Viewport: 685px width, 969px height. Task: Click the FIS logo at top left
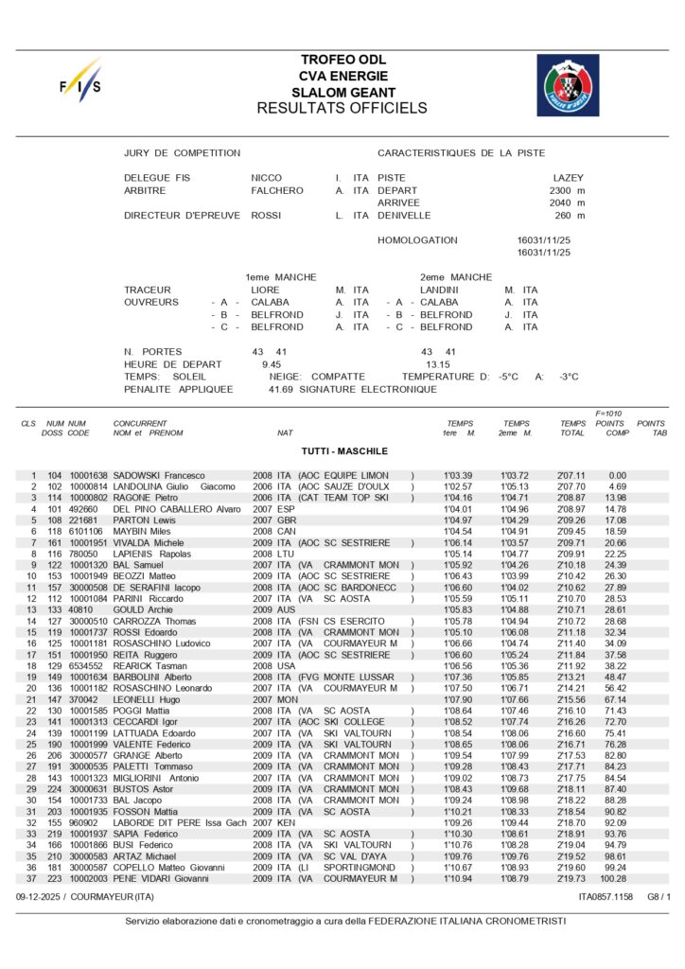coord(79,82)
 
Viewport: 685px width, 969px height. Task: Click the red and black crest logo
coord(568,84)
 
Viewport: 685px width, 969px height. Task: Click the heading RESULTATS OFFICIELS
coord(342,108)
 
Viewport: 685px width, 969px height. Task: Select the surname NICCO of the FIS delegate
coord(266,178)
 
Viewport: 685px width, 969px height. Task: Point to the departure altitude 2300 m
coord(567,190)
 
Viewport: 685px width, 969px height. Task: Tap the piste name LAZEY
coord(569,178)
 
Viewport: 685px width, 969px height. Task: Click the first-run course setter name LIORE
coord(265,290)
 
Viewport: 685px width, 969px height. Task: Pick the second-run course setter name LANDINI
coord(439,290)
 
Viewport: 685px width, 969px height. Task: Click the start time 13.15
coord(437,363)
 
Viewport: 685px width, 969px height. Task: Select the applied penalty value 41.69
coord(281,389)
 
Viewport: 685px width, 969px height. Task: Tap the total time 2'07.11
coord(572,475)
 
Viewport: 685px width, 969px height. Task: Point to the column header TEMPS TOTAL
coord(572,428)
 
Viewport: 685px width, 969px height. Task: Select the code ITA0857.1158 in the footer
coord(606,895)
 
